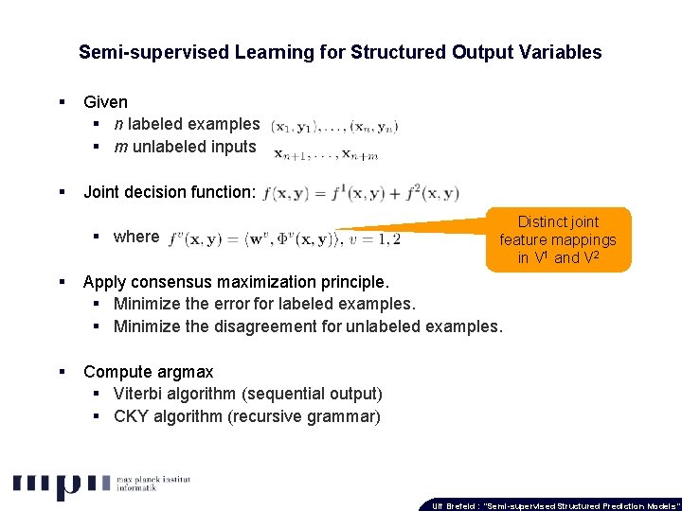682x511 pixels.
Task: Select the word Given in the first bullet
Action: pyautogui.click(x=105, y=101)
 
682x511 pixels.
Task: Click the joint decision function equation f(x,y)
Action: pyautogui.click(x=361, y=193)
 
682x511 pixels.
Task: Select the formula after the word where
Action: pyautogui.click(x=283, y=238)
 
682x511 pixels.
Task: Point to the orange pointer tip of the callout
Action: pyautogui.click(x=342, y=229)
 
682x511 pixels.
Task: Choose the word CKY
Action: pyautogui.click(x=131, y=416)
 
